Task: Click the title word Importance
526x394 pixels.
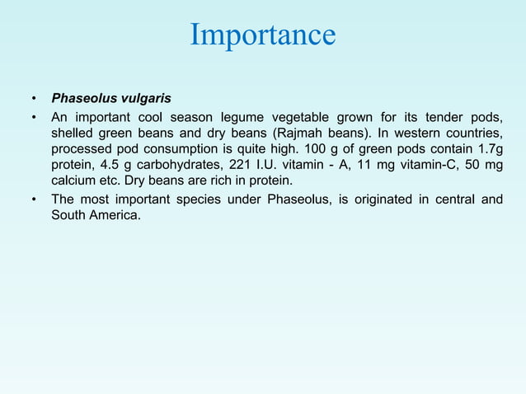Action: pyautogui.click(x=263, y=35)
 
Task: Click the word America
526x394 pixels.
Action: pyautogui.click(x=114, y=216)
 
